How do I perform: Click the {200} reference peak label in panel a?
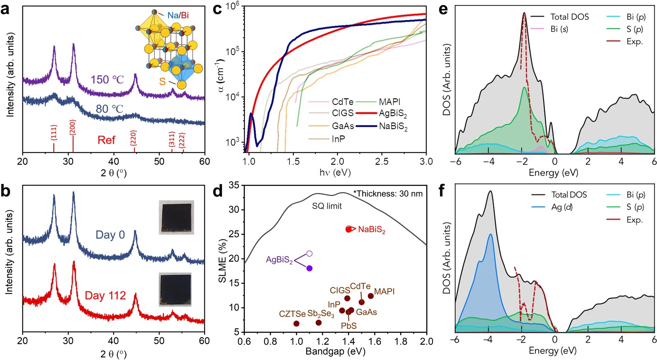coord(73,127)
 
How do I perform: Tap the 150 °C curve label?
coord(107,80)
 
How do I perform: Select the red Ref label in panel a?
coord(106,140)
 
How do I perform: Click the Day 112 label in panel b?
coord(105,296)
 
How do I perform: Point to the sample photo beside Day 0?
coord(176,217)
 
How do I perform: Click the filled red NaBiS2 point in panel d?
coord(349,229)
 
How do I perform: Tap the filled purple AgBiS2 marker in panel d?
coord(309,268)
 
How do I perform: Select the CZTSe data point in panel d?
coord(296,324)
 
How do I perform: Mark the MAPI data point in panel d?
coord(371,296)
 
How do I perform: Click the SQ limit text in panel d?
coord(327,206)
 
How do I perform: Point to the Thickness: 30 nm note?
coord(388,194)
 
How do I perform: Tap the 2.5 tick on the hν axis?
coord(382,161)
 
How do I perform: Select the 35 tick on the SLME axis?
coord(234,185)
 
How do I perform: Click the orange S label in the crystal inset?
coord(162,81)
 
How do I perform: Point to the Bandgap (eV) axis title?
coord(335,351)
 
